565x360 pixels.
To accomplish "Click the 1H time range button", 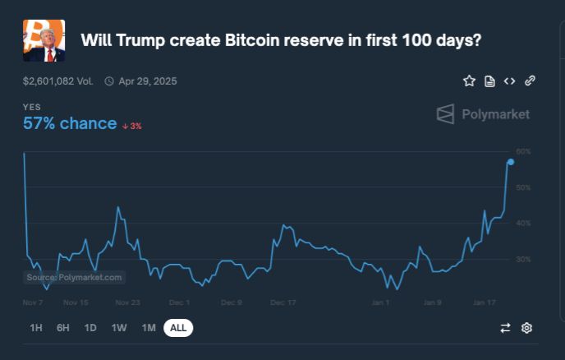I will point(36,328).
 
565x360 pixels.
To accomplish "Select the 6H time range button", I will point(63,328).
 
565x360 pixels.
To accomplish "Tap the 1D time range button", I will point(90,328).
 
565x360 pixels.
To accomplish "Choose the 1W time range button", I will point(119,328).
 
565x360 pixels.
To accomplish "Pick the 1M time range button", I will point(149,328).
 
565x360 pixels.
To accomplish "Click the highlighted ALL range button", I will point(178,328).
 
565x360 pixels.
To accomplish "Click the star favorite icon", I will point(469,81).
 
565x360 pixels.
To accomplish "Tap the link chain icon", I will point(530,81).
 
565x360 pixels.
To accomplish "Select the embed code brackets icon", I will point(509,81).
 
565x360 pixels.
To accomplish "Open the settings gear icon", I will point(527,328).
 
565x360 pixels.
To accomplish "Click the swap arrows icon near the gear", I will point(505,328).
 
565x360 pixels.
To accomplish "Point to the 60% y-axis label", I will point(523,152).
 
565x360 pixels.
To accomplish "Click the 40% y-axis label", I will point(523,224).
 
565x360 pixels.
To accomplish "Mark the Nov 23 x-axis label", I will point(127,302).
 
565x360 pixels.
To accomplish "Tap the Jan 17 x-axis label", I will point(484,302).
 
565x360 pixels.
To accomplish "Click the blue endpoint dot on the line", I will point(511,162).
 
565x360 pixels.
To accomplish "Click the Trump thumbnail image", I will point(44,41).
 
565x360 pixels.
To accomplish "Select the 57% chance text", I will point(70,123).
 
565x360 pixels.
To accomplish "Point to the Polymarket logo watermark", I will point(483,114).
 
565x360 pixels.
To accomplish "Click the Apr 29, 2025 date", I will point(147,81).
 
